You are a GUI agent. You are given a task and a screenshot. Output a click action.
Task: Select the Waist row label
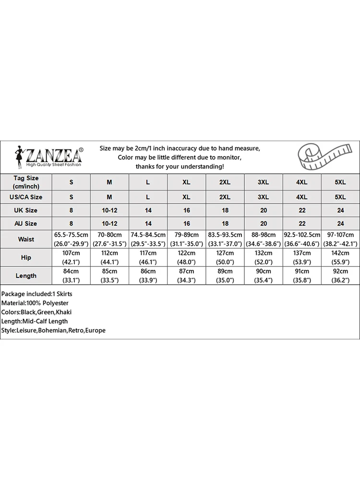click(26, 239)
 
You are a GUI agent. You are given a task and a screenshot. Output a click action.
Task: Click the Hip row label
click(26, 257)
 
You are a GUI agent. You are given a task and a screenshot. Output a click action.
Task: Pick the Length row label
click(26, 276)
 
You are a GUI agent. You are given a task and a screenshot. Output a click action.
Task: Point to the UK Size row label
click(26, 210)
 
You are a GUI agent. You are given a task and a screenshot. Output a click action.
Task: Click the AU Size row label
click(26, 223)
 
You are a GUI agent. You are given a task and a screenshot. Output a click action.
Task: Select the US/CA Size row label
click(26, 197)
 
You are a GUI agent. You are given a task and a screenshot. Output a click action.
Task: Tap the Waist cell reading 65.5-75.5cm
click(72, 239)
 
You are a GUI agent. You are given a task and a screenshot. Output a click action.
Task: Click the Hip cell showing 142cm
click(340, 257)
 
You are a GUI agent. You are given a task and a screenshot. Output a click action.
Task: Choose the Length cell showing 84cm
click(72, 276)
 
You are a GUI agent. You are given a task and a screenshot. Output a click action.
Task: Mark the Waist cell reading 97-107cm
click(340, 239)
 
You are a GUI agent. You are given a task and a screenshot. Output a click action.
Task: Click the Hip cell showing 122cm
click(186, 257)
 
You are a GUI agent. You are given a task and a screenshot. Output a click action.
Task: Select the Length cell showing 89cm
click(225, 276)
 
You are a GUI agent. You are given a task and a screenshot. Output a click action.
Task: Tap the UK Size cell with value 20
click(263, 210)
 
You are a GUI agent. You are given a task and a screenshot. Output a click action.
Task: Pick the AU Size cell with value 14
click(148, 223)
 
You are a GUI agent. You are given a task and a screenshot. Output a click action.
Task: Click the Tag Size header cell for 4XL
click(301, 182)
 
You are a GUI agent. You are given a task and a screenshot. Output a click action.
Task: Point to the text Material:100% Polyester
click(35, 303)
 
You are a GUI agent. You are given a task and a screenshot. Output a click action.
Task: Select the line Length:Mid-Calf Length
click(35, 321)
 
